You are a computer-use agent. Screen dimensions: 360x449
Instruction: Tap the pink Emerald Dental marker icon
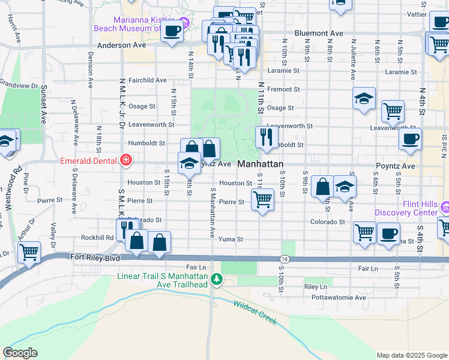click(x=126, y=160)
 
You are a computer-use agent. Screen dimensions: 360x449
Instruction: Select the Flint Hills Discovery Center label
click(x=406, y=212)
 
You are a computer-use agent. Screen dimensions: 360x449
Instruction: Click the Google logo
click(x=20, y=353)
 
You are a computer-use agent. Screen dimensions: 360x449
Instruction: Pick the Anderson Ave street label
click(x=121, y=45)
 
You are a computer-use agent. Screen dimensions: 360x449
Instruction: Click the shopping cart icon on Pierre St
click(x=262, y=199)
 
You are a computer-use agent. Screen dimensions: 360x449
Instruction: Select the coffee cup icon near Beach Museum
click(x=172, y=31)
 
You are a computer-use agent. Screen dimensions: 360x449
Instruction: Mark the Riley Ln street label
click(x=315, y=287)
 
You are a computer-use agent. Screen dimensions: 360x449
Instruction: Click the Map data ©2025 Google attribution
click(x=411, y=355)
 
